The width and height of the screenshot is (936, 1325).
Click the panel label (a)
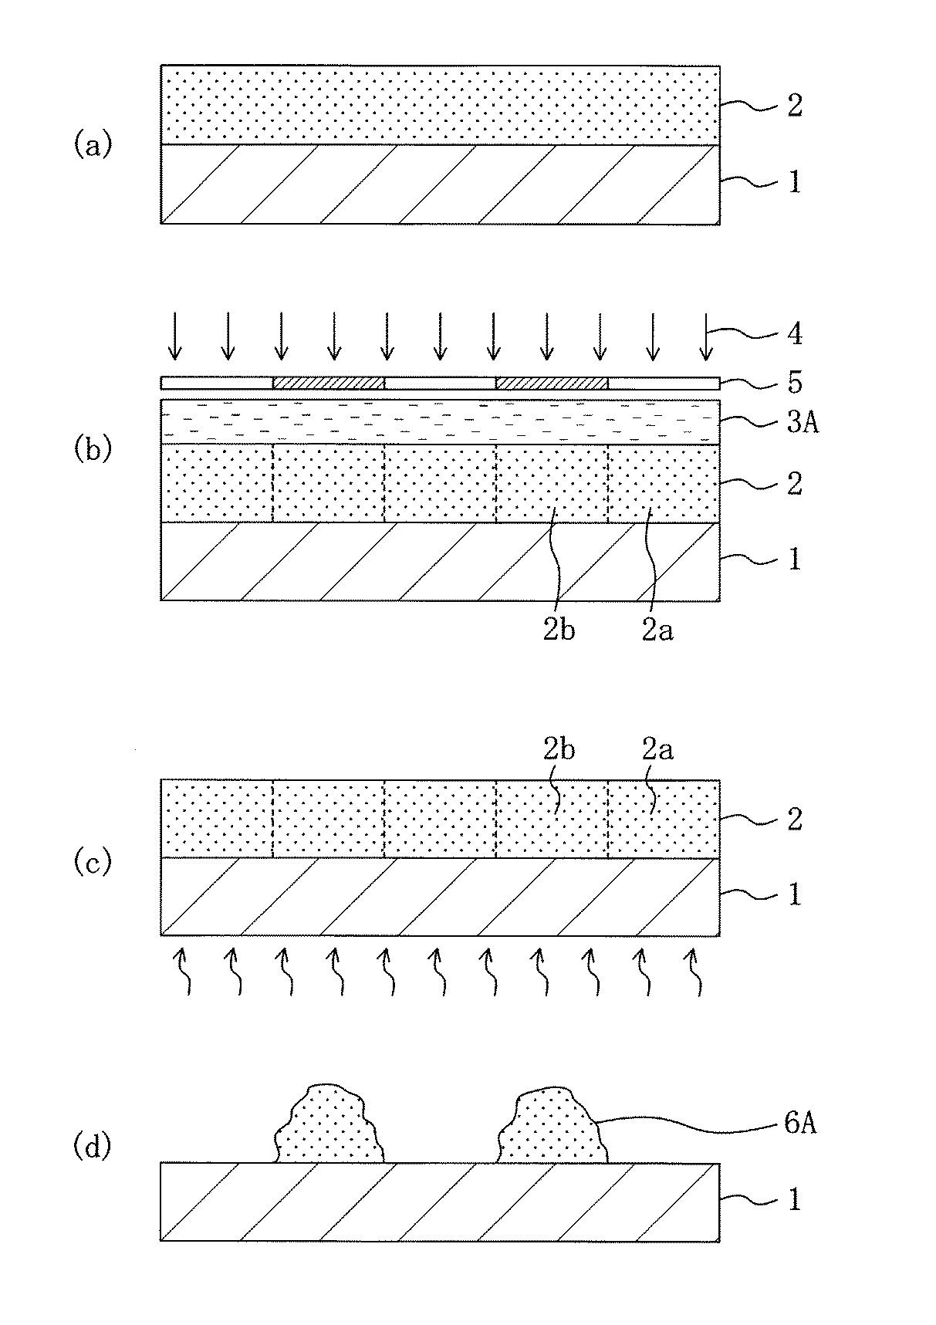click(93, 144)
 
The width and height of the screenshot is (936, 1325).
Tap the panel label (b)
click(93, 450)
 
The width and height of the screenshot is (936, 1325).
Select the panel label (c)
click(93, 863)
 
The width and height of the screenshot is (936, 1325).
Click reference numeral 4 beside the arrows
click(793, 334)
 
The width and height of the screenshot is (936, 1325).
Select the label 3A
click(802, 424)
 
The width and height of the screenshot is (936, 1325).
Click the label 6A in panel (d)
click(800, 1124)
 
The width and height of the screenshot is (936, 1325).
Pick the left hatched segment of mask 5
click(328, 383)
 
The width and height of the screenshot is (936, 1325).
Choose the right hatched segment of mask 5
click(551, 383)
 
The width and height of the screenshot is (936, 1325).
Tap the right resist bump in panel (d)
click(551, 1128)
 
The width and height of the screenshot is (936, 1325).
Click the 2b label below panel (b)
click(559, 630)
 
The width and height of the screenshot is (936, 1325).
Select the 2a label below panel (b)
click(657, 630)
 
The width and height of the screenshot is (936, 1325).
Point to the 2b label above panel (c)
click(559, 749)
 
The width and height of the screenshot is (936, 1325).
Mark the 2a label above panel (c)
click(657, 749)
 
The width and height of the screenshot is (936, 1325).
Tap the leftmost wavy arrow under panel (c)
click(185, 972)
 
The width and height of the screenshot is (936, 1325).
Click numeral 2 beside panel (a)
click(793, 106)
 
